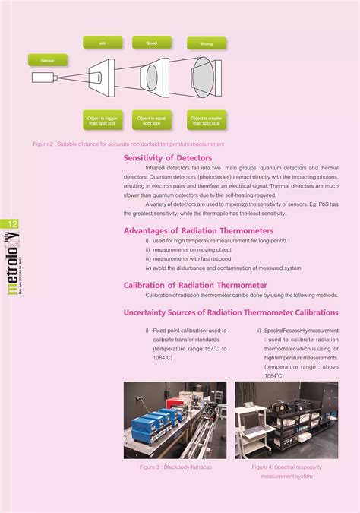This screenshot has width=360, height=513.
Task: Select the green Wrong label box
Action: point(206,43)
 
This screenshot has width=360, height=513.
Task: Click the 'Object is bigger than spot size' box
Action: point(102,119)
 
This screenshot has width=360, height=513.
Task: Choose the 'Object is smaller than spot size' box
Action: point(206,119)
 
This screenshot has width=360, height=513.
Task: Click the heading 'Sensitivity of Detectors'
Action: point(168,158)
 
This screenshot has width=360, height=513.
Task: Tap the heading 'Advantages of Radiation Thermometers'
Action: point(198,230)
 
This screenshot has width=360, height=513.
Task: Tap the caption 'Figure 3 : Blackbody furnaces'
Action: point(175,467)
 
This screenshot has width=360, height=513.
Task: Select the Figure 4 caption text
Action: point(286,471)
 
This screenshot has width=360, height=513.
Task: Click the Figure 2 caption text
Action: point(128,144)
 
